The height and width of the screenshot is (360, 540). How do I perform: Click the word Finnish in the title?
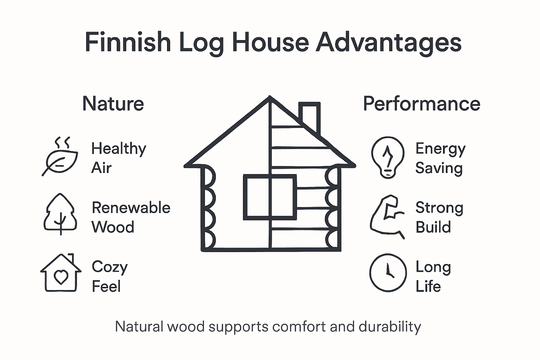128,42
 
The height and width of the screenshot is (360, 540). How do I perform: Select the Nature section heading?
113,104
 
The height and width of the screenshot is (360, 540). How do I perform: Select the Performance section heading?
422,104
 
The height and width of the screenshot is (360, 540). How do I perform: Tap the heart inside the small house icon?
61,276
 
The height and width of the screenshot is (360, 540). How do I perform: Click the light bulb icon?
387,157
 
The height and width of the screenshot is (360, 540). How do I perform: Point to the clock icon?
388,272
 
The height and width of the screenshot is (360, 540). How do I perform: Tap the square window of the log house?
270,197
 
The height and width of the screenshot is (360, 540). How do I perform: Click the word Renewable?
131,208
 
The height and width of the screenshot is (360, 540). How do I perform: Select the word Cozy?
110,267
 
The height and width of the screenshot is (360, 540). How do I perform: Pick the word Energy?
441,149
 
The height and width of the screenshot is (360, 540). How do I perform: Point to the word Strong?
439,208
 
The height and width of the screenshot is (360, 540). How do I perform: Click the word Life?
428,286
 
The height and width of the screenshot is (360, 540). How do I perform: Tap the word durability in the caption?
390,327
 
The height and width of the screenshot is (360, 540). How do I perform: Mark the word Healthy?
118,149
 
